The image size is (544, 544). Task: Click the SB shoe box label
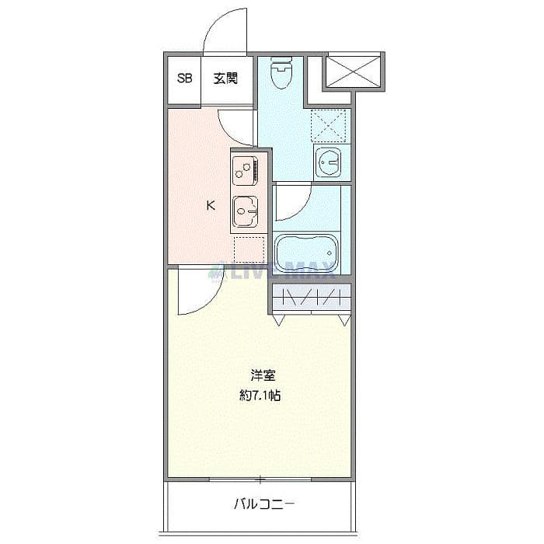click(184, 78)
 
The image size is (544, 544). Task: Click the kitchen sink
click(246, 209)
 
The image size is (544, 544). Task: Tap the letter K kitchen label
click(210, 206)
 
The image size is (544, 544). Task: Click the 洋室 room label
click(262, 374)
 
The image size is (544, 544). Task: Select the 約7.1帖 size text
click(260, 395)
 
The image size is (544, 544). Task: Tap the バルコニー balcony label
click(264, 504)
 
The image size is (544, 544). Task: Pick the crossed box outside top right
click(354, 70)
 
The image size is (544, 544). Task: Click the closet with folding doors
click(311, 298)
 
